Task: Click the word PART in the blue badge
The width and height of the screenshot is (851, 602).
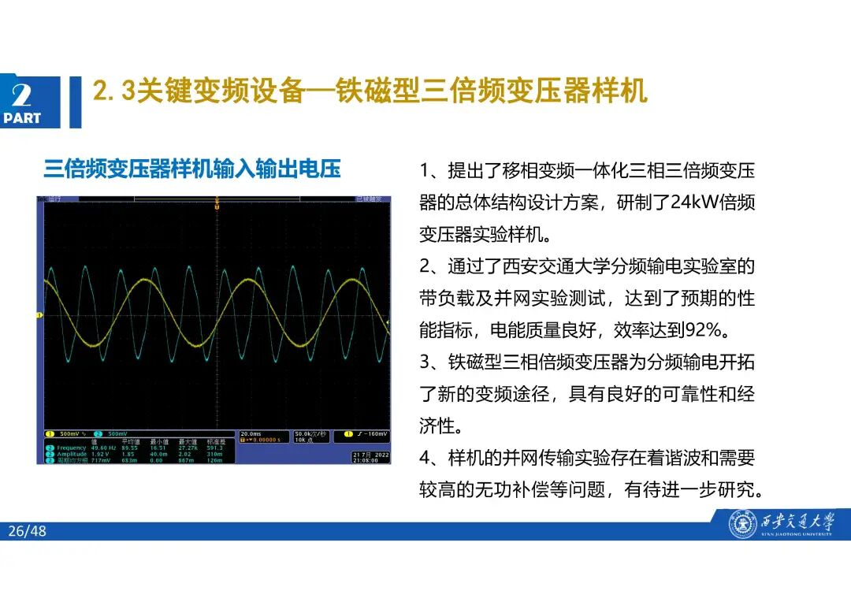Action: pos(22,118)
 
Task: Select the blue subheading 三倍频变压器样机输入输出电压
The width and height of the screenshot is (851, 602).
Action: pos(192,169)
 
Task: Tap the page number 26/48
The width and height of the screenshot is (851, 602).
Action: pos(28,531)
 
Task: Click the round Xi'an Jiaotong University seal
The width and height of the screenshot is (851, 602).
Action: pos(742,524)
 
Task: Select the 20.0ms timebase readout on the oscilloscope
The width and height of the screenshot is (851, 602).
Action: pos(251,433)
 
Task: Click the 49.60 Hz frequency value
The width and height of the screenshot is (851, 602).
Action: pos(104,448)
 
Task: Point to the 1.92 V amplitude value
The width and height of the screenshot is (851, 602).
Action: pos(100,454)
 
